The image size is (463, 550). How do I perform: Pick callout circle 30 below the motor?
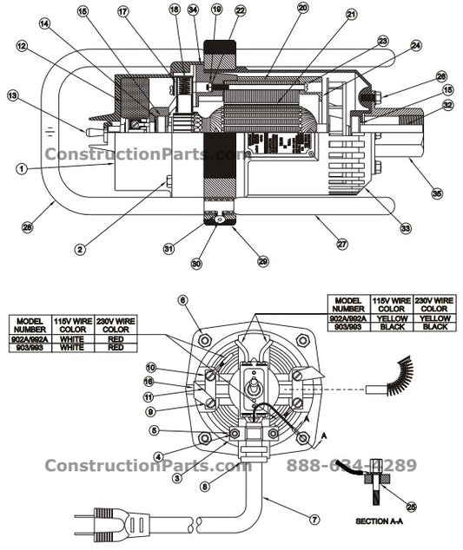pos(195,263)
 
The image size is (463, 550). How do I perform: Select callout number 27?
pos(341,245)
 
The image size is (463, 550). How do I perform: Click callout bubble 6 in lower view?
pos(182,299)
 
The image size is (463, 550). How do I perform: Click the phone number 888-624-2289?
pos(351,466)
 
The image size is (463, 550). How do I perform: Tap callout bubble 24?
pos(416,45)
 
